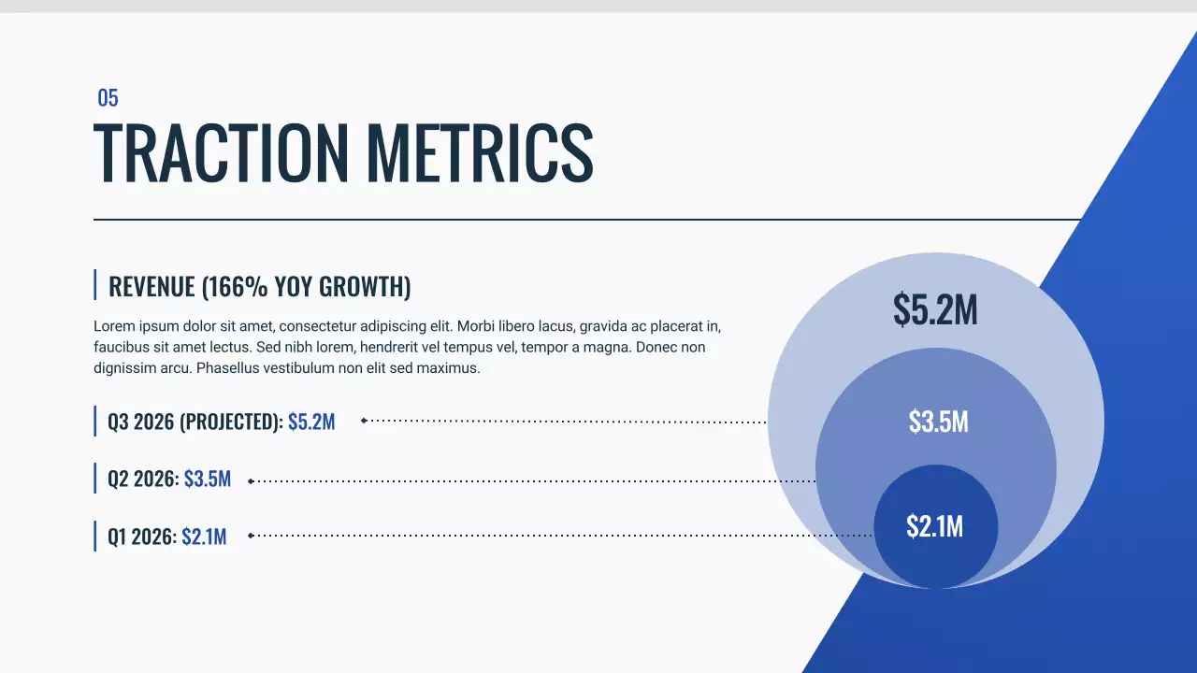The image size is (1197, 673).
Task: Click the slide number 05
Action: coord(108,98)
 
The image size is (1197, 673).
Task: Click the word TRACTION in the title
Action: coord(220,151)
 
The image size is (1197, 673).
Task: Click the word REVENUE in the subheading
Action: coord(151,287)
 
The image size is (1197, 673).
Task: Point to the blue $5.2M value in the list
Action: coord(311,422)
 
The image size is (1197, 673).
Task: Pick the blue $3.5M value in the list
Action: coord(208,480)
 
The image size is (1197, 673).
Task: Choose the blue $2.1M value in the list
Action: coord(204,537)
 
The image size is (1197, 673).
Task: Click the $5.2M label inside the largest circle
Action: coord(935,310)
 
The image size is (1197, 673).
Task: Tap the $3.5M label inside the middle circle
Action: coord(938,422)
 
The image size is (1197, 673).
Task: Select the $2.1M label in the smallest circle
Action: coord(934,526)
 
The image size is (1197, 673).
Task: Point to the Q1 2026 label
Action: coord(141,537)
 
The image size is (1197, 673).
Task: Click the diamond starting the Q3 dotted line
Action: coord(364,421)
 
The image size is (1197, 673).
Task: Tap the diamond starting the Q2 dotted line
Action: coord(250,480)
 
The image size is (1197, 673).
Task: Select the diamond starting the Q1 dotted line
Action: coord(250,536)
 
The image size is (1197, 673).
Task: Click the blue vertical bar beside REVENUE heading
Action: coord(95,285)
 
